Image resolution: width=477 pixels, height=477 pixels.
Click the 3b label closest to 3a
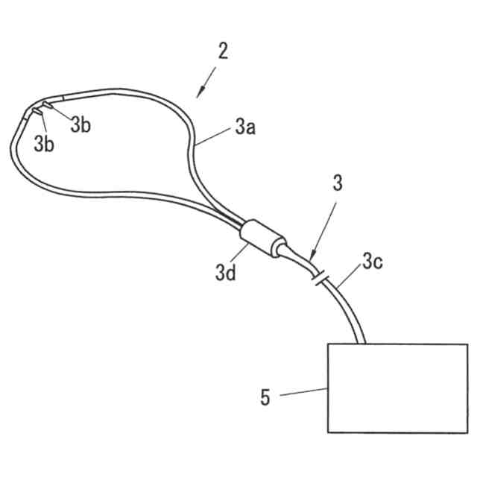tap(80, 125)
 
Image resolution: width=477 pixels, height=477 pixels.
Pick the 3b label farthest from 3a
tap(44, 145)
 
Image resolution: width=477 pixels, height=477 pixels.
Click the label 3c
tap(373, 261)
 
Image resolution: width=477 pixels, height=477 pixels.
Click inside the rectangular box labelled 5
tap(397, 388)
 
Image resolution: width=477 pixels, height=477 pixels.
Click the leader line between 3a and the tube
tap(216, 137)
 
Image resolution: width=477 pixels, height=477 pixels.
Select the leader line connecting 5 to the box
tap(303, 392)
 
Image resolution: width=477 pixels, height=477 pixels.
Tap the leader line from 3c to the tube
tap(351, 277)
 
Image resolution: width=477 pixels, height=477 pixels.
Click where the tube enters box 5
tap(363, 343)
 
